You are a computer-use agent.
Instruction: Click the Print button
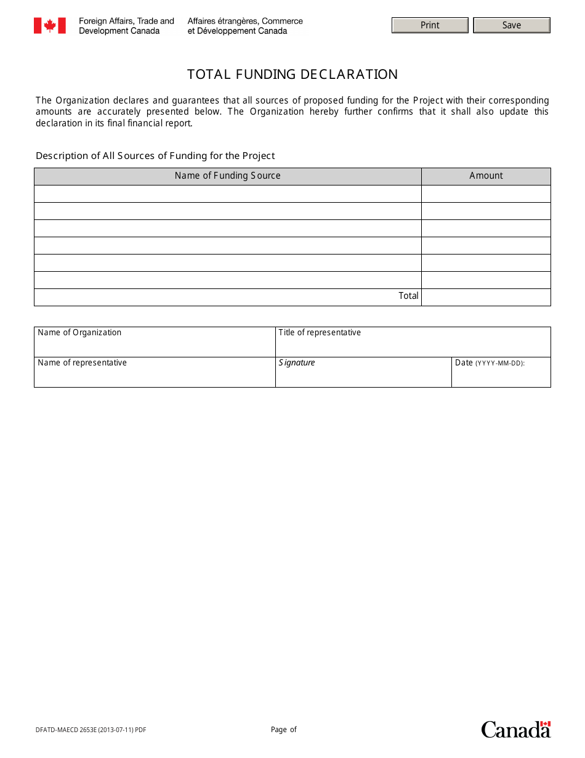430,25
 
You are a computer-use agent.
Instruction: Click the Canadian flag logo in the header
49,25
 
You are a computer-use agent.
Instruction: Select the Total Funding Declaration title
292,75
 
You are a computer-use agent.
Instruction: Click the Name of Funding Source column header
227,176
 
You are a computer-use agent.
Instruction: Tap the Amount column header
486,176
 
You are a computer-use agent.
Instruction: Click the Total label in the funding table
408,296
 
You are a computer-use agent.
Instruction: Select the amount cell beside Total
486,297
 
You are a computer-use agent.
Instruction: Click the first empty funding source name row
227,194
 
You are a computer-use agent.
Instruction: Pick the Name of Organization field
155,342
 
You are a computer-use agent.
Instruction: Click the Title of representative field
413,342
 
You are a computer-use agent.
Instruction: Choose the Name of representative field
155,372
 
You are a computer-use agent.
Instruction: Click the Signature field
363,372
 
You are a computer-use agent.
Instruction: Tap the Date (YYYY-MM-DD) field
501,372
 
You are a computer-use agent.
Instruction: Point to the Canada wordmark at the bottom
515,730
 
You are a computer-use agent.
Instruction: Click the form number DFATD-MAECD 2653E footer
91,730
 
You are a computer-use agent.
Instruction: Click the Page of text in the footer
283,730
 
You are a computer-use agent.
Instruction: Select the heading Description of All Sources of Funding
155,156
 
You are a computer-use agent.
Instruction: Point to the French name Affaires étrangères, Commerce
245,21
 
